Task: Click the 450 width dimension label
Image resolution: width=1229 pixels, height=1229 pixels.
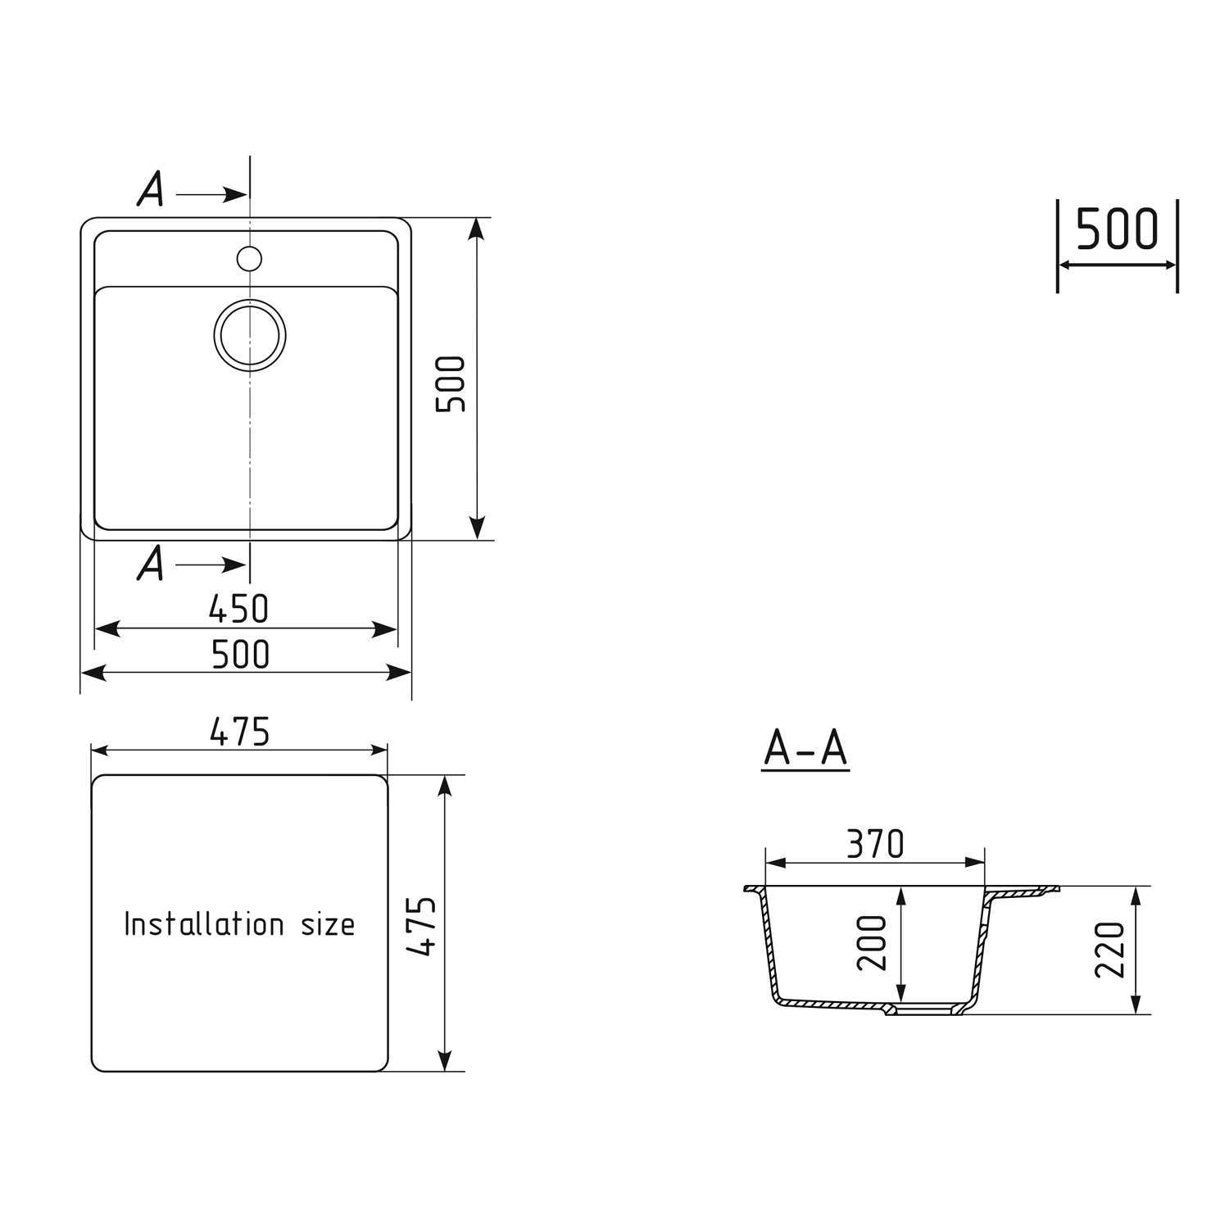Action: [238, 609]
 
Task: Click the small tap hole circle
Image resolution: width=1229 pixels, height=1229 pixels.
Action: [249, 259]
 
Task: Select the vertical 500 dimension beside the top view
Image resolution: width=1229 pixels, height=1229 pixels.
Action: [451, 383]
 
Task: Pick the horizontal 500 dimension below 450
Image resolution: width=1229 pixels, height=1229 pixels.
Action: [240, 655]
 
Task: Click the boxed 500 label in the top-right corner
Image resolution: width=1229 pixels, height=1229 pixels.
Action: [1117, 229]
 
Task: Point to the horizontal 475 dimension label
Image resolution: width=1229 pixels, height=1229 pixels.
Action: [239, 732]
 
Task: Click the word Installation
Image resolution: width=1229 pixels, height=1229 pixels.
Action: [204, 924]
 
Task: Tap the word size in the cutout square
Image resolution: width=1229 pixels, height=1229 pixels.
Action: [328, 926]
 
